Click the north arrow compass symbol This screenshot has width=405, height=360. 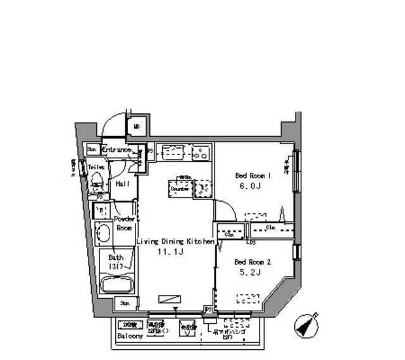[307, 325]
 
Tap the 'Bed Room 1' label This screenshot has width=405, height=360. [253, 175]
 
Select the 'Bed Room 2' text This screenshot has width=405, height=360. [252, 261]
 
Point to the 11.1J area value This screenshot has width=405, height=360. [170, 252]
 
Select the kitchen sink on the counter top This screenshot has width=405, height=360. [172, 152]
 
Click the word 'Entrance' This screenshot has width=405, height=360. [116, 150]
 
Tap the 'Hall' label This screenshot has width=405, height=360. [122, 183]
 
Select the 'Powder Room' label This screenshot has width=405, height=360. [123, 223]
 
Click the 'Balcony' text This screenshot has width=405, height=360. [130, 337]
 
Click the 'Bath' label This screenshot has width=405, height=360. [115, 258]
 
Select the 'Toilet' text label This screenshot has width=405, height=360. [96, 167]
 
